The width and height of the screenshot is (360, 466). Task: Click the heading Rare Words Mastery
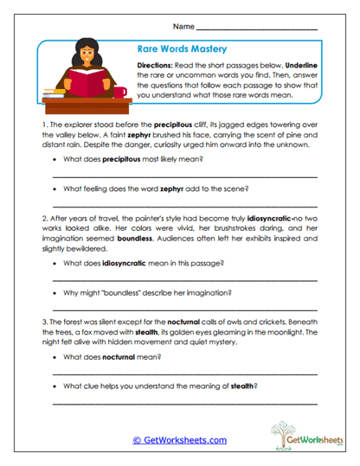point(177,50)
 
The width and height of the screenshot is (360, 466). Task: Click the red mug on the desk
point(119,91)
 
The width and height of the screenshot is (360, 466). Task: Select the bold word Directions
point(158,66)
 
